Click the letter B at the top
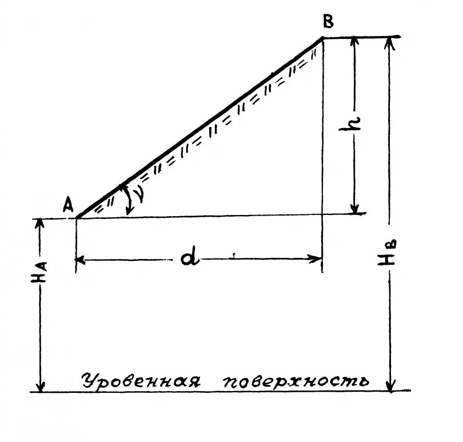[328, 22]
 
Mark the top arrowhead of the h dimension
[355, 41]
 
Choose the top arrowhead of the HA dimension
[41, 223]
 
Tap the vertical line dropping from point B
[322, 154]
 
